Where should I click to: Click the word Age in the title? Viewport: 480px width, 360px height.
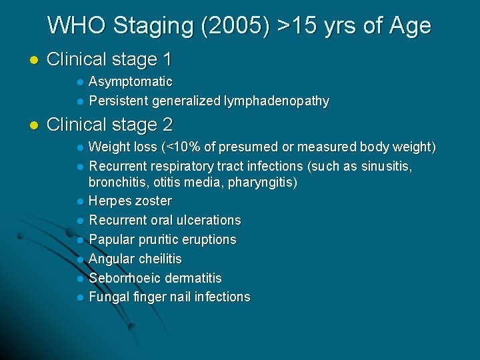coord(409,26)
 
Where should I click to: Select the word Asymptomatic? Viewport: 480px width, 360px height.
coord(131,82)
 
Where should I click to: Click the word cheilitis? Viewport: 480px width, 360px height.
coord(159,259)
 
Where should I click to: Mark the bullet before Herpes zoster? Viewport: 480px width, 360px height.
coord(79,201)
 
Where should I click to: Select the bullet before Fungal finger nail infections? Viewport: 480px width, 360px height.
coord(79,297)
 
